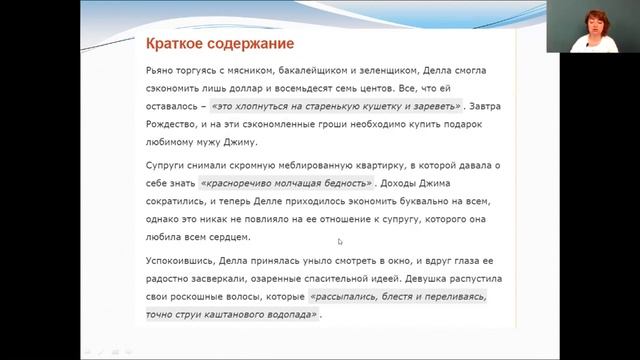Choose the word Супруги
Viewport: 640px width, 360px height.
pyautogui.click(x=167, y=166)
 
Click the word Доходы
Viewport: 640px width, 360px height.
pyautogui.click(x=405, y=183)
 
